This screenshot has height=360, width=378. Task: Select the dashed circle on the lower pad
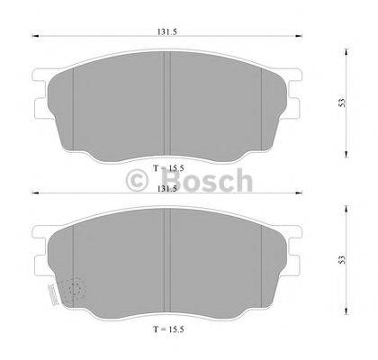75,290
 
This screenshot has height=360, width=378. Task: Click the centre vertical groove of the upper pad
166,99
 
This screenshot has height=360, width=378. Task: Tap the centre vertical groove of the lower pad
166,261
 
